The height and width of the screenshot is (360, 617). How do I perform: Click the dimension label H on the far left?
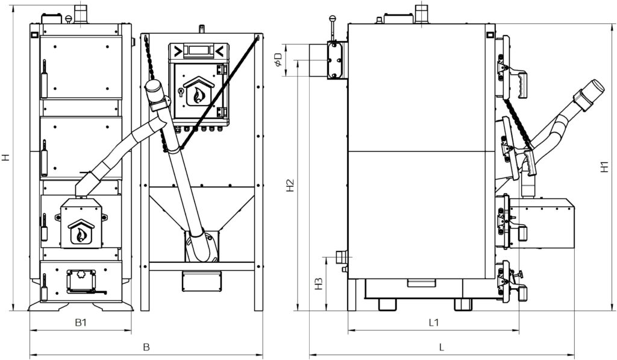pyautogui.click(x=5, y=157)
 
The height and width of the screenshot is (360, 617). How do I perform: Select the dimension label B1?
pyautogui.click(x=81, y=323)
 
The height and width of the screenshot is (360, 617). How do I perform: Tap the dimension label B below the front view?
pyautogui.click(x=146, y=347)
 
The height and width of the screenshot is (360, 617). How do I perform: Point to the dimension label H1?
pyautogui.click(x=604, y=166)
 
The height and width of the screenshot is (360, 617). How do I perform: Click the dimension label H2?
pyautogui.click(x=290, y=186)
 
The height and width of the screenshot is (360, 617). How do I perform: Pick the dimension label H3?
pyautogui.click(x=319, y=284)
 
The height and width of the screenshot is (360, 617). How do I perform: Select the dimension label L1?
pyautogui.click(x=434, y=323)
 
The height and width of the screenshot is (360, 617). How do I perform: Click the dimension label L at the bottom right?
pyautogui.click(x=442, y=347)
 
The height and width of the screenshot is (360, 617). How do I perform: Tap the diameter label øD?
pyautogui.click(x=278, y=60)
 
